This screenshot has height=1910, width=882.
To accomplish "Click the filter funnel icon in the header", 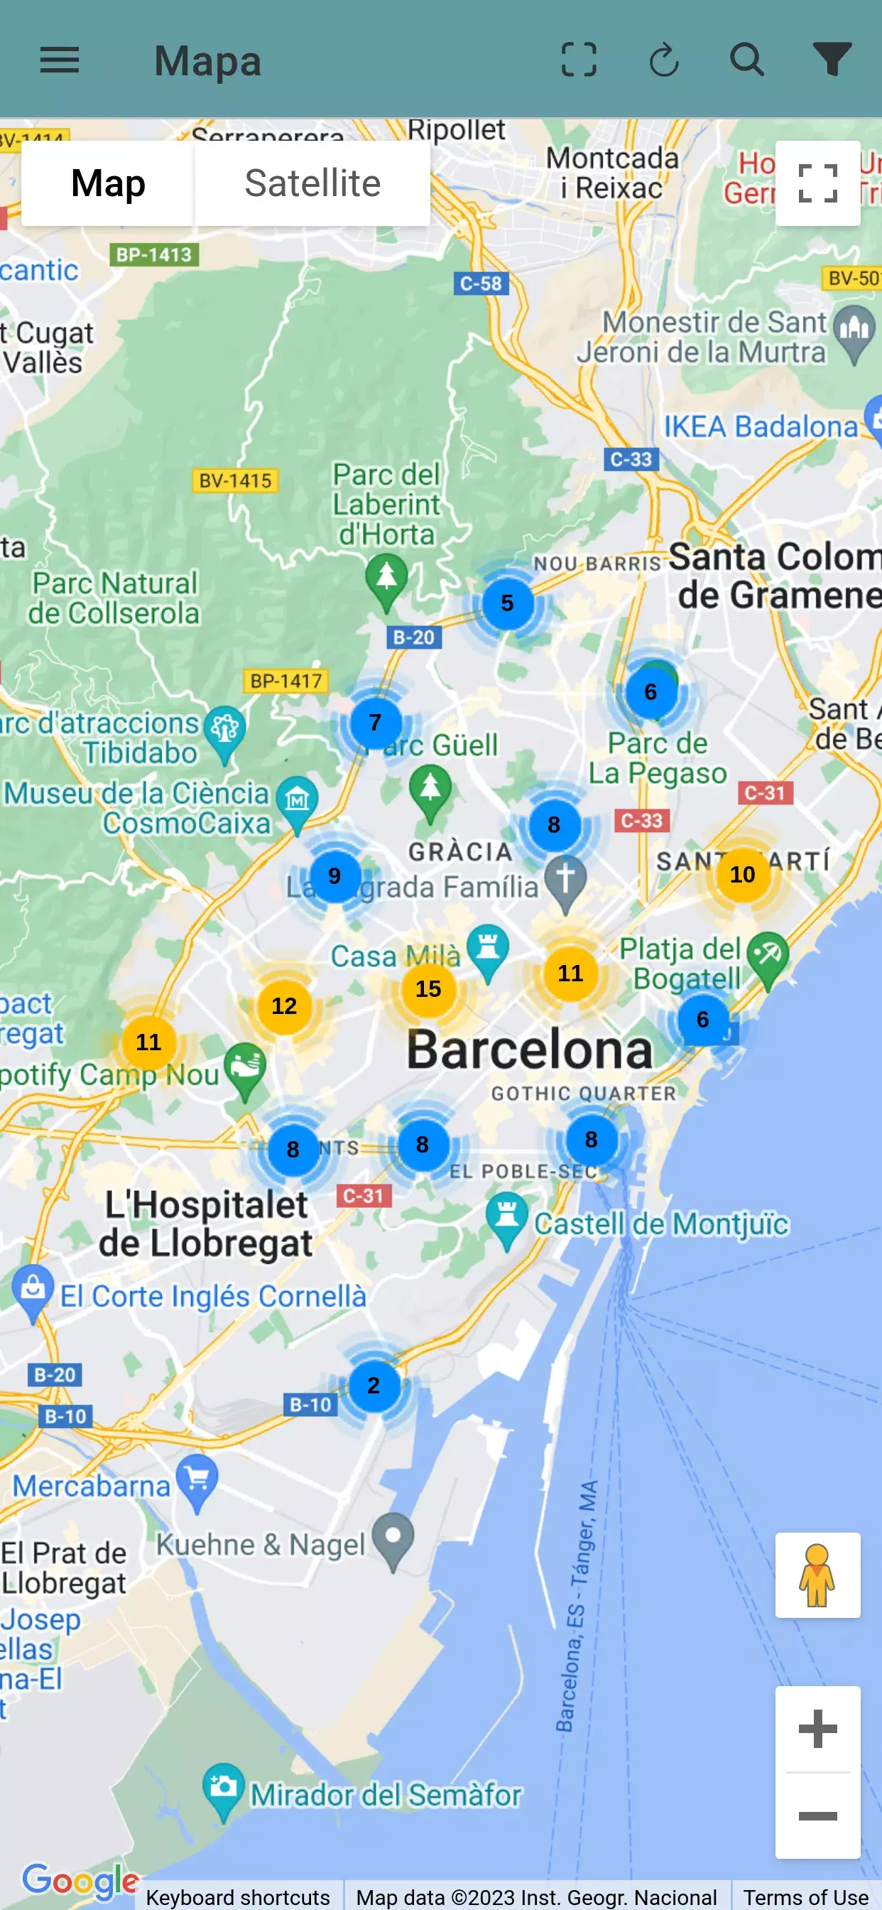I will pyautogui.click(x=832, y=59).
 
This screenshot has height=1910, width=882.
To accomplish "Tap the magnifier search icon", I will pyautogui.click(x=746, y=59).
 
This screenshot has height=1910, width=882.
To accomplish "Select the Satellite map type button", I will pyautogui.click(x=312, y=183).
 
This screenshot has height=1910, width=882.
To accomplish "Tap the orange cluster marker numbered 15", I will pyautogui.click(x=428, y=988).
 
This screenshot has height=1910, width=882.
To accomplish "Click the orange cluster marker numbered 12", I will pyautogui.click(x=284, y=1005).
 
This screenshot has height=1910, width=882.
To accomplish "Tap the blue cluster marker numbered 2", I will pyautogui.click(x=374, y=1385).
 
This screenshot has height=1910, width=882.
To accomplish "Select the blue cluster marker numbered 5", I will pyautogui.click(x=507, y=603).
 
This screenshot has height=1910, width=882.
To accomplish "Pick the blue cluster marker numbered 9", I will pyautogui.click(x=334, y=875).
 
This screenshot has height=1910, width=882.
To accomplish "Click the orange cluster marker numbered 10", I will pyautogui.click(x=742, y=874).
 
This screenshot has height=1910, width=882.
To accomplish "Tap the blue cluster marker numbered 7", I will pyautogui.click(x=375, y=722).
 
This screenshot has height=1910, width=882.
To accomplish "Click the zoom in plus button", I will pyautogui.click(x=817, y=1728).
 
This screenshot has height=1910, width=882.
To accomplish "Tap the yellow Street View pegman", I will pyautogui.click(x=817, y=1575).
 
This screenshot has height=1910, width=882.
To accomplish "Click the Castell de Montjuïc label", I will pyautogui.click(x=661, y=1224).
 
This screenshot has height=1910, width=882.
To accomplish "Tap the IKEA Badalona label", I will pyautogui.click(x=760, y=427).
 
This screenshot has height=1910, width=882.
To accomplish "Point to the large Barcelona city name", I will pyautogui.click(x=529, y=1050).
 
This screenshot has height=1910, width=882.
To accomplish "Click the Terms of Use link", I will pyautogui.click(x=805, y=1896).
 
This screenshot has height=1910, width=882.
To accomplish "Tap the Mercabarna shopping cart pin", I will pyautogui.click(x=197, y=1479).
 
